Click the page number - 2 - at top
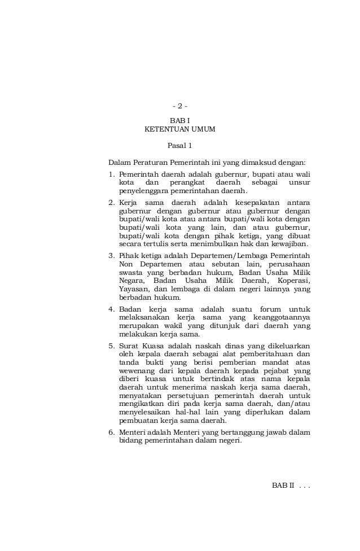tap(180, 106)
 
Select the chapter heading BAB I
tap(180, 120)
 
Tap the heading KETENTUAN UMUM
tap(180, 129)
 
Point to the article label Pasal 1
tap(180, 146)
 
